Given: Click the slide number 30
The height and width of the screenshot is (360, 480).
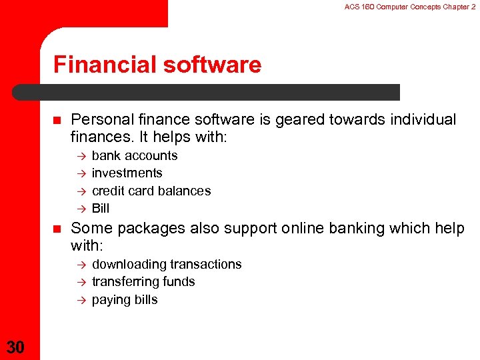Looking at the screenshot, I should (x=16, y=346).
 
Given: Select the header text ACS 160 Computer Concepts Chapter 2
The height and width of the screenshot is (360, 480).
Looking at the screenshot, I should (x=409, y=7).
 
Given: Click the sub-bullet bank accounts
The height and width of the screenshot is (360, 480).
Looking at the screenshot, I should (x=135, y=155).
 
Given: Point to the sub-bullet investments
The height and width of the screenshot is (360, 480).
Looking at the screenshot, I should (x=127, y=173).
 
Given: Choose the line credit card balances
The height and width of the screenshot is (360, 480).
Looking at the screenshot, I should (x=151, y=191).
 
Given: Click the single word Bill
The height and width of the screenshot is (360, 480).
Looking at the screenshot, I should (x=101, y=208).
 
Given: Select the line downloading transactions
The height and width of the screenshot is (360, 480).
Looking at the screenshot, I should (x=167, y=264).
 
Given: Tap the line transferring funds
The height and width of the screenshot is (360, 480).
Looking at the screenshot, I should (x=143, y=281).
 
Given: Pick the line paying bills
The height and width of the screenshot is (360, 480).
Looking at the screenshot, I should (x=125, y=299).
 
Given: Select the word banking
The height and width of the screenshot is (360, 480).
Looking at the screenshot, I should (x=366, y=229).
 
